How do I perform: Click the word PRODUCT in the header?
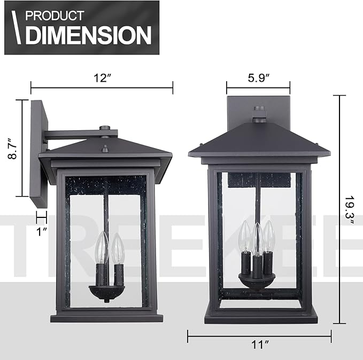(x=55, y=15)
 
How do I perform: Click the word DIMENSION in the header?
(x=88, y=35)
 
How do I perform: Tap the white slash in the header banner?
(x=18, y=28)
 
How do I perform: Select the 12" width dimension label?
(x=102, y=77)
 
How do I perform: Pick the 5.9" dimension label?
(x=258, y=77)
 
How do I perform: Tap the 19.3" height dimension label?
(x=349, y=210)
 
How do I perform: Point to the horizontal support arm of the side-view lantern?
(x=75, y=134)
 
